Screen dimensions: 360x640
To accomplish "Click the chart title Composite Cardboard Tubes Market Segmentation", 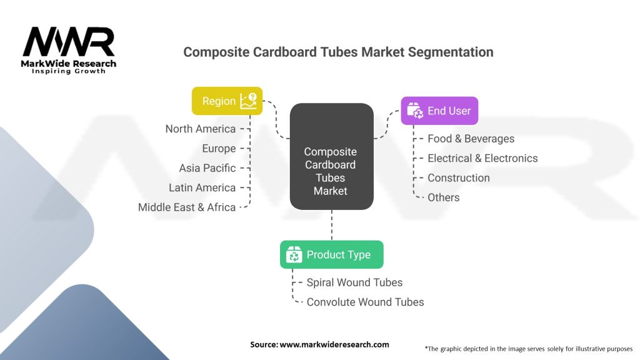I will tap(338, 52).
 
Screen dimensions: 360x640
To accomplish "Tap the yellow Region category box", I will tap(227, 101).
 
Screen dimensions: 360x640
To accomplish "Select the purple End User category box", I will tap(439, 111).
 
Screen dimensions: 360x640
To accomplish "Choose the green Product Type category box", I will tap(331, 254).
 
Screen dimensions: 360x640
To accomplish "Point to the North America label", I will tap(201, 129).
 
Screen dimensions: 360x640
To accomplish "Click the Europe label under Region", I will tap(219, 148).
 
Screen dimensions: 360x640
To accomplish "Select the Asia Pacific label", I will tap(207, 167).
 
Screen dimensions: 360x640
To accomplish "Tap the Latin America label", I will tap(202, 187).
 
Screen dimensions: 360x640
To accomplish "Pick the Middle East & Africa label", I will tap(187, 207).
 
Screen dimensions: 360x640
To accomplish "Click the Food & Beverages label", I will tap(471, 139).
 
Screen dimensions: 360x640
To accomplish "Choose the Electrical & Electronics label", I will tap(482, 158).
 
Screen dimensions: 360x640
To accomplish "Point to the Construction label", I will tap(459, 177).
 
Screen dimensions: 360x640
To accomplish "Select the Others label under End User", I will tap(443, 197).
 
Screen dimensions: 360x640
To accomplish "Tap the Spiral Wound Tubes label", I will tap(354, 282).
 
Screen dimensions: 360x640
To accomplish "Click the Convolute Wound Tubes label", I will tap(365, 302).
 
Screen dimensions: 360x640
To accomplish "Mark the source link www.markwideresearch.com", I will tap(334, 344).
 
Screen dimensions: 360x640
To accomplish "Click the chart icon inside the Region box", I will tap(248, 101).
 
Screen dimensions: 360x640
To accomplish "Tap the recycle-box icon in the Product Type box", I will tap(294, 254).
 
